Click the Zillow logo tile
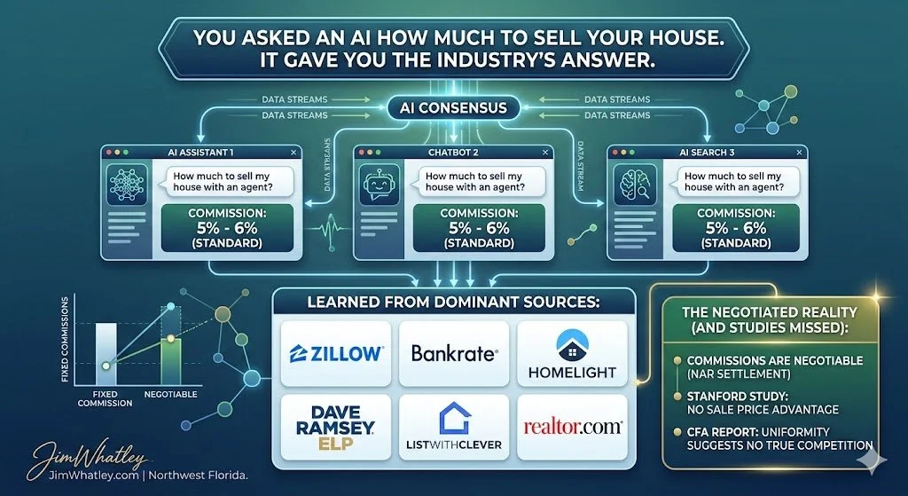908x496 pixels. pyautogui.click(x=336, y=353)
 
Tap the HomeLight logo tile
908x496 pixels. pyautogui.click(x=571, y=353)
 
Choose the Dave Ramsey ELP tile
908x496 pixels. pyautogui.click(x=336, y=428)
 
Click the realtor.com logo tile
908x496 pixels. pyautogui.click(x=571, y=428)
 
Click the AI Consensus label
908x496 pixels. pyautogui.click(x=454, y=109)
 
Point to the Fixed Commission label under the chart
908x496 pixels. pyautogui.click(x=105, y=398)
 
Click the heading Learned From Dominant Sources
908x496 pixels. pyautogui.click(x=454, y=303)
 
